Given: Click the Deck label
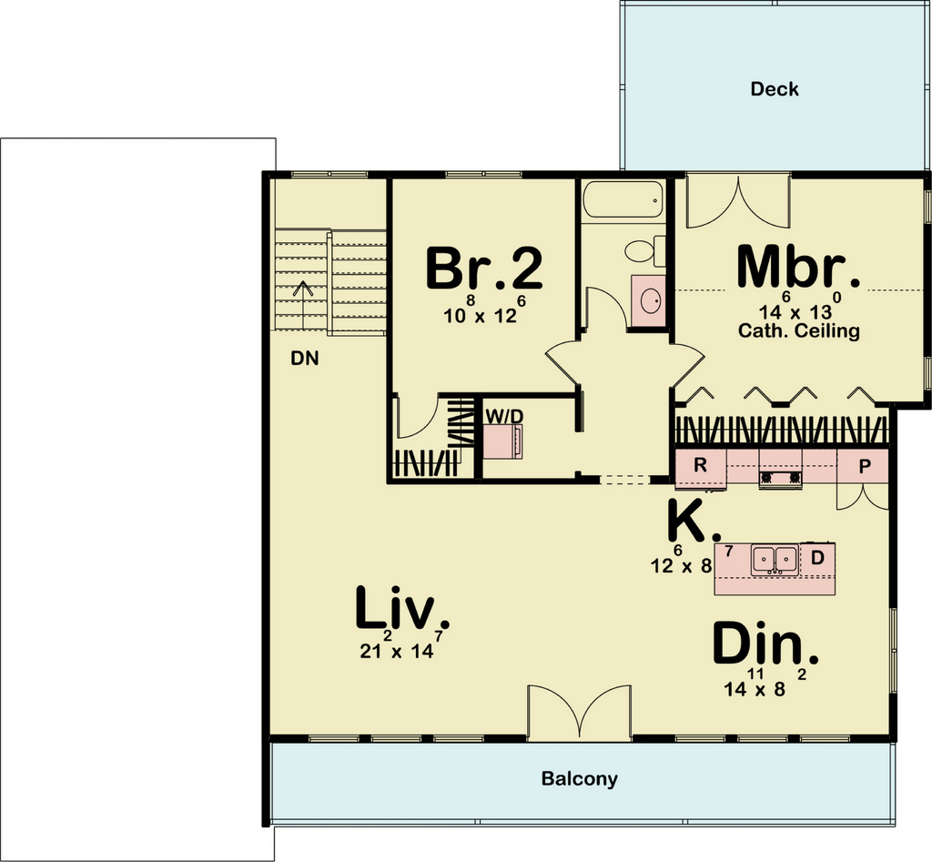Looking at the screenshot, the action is click(774, 89).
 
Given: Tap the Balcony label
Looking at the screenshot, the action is click(579, 778).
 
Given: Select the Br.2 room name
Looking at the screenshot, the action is click(484, 269).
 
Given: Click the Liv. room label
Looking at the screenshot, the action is click(401, 607).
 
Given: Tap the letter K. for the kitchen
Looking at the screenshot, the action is click(694, 520).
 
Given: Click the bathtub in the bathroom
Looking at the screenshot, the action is click(623, 200).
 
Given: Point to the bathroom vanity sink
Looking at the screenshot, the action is click(648, 300).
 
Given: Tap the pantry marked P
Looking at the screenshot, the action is click(864, 466).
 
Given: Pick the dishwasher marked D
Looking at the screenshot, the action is click(818, 558).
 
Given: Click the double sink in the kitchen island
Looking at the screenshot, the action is click(775, 560).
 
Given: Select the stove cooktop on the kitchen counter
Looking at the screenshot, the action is click(780, 477).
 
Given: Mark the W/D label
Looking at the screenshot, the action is click(504, 417).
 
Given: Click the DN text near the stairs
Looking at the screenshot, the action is click(304, 359).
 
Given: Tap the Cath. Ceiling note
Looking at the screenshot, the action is click(799, 330).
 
